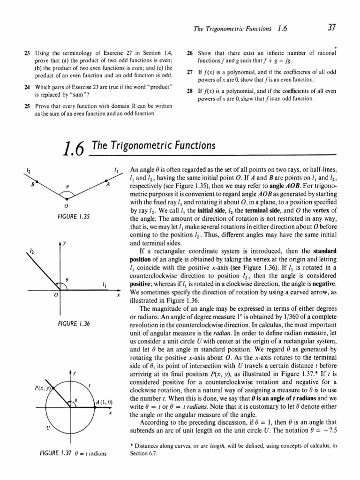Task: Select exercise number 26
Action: [190, 52]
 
